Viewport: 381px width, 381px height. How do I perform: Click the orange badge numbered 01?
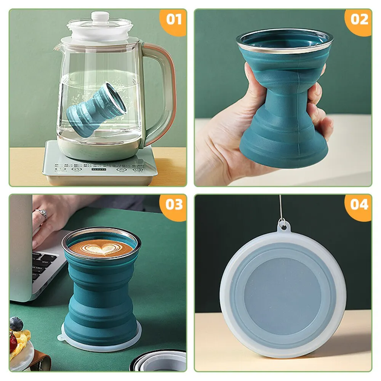pyautogui.click(x=174, y=19)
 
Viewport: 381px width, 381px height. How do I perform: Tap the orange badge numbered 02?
pyautogui.click(x=359, y=19)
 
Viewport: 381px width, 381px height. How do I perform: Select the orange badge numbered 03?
pyautogui.click(x=174, y=205)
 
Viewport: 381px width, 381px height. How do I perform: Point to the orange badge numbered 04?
pyautogui.click(x=359, y=205)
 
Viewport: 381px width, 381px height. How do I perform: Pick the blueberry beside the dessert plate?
pyautogui.click(x=16, y=324)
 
